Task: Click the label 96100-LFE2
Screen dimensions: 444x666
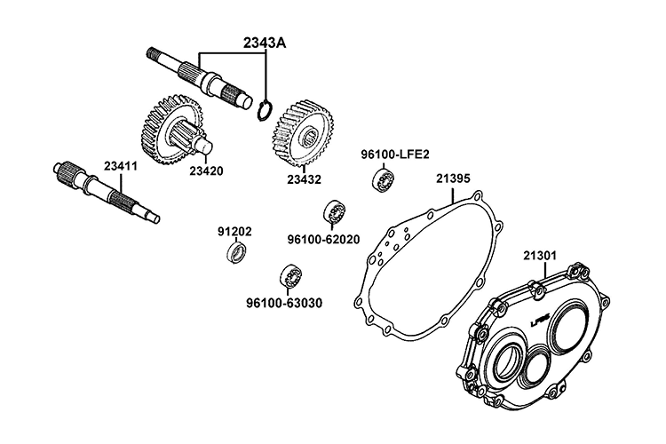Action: point(395,154)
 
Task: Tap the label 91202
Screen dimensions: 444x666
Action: point(234,232)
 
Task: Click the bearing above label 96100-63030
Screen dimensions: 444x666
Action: point(289,274)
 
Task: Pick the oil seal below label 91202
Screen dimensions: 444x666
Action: point(237,253)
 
